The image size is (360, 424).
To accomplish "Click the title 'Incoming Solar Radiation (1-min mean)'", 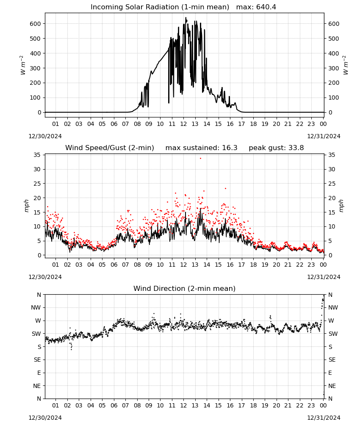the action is click(x=160, y=7).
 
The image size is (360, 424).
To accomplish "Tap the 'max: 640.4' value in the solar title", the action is click(x=256, y=7).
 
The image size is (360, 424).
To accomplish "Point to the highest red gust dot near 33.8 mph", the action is click(x=200, y=158).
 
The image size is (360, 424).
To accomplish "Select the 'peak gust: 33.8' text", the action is click(x=276, y=148).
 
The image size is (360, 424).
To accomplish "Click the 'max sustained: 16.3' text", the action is click(x=201, y=148).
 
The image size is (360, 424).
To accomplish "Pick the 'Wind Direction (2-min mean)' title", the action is click(x=185, y=288).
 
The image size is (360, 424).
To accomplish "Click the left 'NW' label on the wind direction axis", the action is click(x=36, y=307).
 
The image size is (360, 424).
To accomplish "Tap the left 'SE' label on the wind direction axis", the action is click(x=37, y=360).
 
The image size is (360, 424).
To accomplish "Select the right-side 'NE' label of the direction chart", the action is click(x=332, y=386).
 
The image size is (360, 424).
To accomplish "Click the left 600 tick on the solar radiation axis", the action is click(x=36, y=24).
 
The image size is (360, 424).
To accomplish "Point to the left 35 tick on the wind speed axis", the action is click(x=37, y=155).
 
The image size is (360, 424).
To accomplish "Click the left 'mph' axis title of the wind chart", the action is click(x=26, y=206).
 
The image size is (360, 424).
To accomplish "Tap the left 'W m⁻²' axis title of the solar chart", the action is click(x=23, y=65).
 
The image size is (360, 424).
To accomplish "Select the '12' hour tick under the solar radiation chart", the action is click(x=183, y=124).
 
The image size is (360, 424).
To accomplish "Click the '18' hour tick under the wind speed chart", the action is click(x=253, y=265).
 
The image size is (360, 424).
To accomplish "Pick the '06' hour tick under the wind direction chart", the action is click(x=114, y=405).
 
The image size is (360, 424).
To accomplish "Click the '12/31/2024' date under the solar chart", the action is click(x=324, y=136).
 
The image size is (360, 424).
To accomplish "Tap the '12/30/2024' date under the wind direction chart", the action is click(x=45, y=418).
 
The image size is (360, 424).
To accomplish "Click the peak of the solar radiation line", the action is click(x=186, y=18).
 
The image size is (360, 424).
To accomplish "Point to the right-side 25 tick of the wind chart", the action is click(x=332, y=184).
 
